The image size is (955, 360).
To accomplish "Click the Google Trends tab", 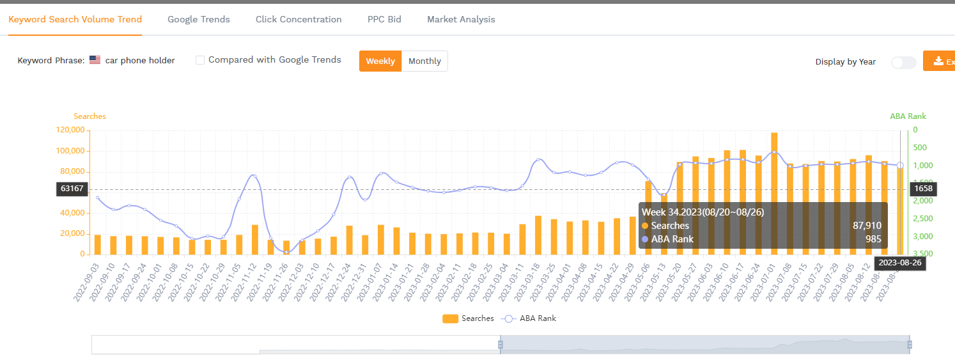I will [x=198, y=19].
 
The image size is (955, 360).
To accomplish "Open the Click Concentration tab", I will [x=299, y=19].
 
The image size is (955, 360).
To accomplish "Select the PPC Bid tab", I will [x=384, y=19].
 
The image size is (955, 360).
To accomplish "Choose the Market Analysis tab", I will [x=461, y=19].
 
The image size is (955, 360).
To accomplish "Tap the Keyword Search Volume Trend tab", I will [x=75, y=19].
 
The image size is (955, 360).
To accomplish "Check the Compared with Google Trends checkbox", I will [x=200, y=60].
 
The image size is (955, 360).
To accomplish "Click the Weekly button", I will [x=380, y=61].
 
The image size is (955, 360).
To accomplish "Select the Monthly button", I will [x=424, y=61].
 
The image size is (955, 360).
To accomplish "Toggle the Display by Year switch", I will [x=903, y=62].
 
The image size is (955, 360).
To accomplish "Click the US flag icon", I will [x=95, y=60].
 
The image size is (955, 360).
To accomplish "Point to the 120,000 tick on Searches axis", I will [x=70, y=130].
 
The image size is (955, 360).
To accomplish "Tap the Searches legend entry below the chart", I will [x=469, y=318].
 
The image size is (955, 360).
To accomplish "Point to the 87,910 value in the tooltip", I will [x=867, y=226].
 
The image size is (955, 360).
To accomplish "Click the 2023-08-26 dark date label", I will [x=899, y=263].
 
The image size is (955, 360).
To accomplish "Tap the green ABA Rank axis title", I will [x=908, y=116].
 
